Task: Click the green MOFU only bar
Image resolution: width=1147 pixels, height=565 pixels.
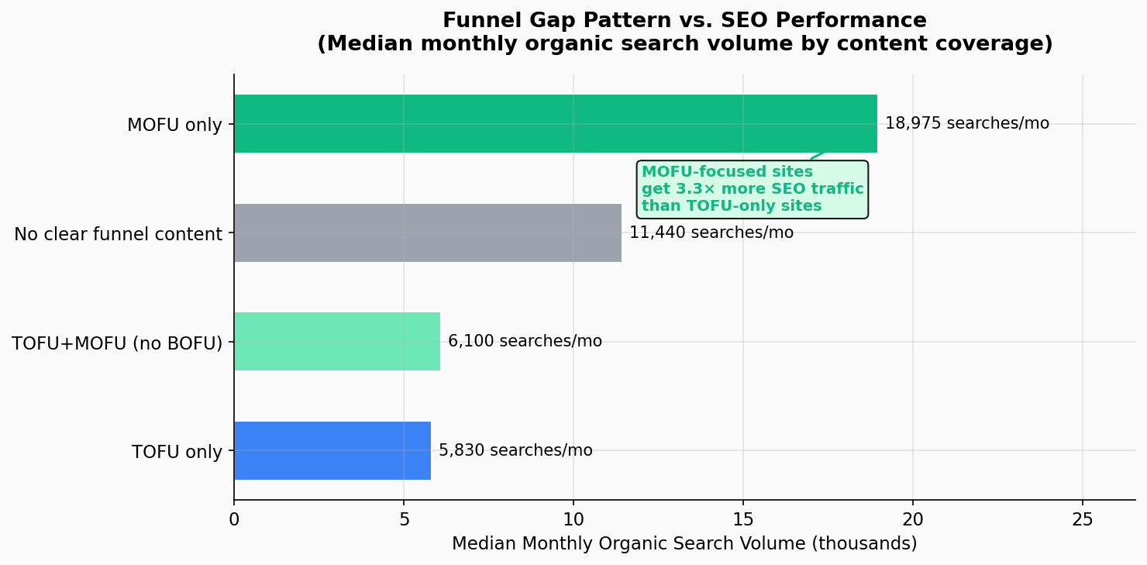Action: pos(555,124)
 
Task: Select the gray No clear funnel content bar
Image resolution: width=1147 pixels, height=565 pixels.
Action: pos(427,233)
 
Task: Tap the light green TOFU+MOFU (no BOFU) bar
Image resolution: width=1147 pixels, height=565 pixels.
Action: pos(336,342)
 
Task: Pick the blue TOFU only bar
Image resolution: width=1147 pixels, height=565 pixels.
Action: pos(332,450)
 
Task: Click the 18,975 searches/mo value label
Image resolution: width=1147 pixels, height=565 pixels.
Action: pos(966,124)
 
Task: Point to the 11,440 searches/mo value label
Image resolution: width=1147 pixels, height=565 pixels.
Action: pos(711,233)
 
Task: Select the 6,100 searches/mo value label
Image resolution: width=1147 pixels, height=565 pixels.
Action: pos(525,342)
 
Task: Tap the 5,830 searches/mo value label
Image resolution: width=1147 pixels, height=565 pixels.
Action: pos(515,450)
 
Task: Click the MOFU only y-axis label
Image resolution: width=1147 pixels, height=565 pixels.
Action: pos(174,125)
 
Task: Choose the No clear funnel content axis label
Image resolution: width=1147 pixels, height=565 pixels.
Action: pos(118,233)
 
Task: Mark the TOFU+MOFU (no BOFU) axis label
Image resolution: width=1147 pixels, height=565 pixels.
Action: pos(117,343)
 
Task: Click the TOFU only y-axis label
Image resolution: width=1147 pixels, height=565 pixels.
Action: pos(177,452)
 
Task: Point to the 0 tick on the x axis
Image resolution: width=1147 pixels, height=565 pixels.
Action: pos(234,518)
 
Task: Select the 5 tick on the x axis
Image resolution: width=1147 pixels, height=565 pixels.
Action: pos(404,518)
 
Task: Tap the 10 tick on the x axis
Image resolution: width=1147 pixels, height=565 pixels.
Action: pos(573,518)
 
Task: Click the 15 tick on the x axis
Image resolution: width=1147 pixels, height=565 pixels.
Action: pos(743,518)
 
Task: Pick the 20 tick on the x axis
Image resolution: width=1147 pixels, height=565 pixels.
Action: pos(913,518)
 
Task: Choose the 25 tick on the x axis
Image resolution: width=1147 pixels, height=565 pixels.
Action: pos(1083,518)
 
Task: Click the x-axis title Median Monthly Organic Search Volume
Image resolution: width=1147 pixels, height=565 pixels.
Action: pos(684,544)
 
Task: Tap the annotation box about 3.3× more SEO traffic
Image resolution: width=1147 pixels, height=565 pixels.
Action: pos(752,189)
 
